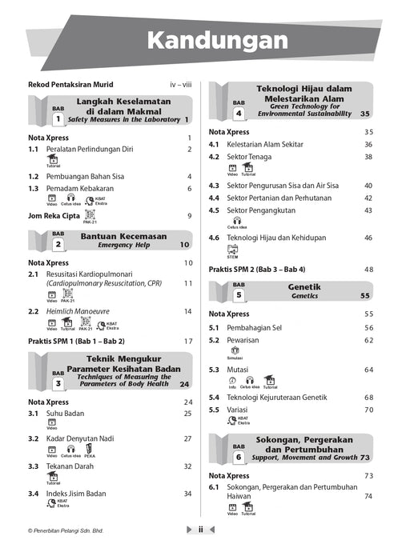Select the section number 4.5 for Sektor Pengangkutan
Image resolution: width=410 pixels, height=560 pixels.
(x=215, y=210)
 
